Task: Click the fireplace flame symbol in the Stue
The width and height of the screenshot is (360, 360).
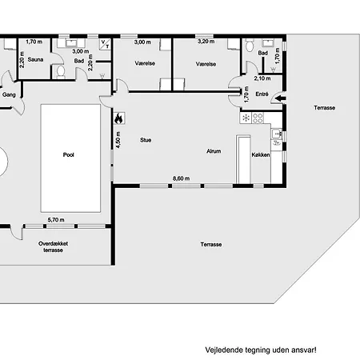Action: pyautogui.click(x=118, y=118)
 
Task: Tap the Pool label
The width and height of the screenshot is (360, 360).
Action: pyautogui.click(x=69, y=154)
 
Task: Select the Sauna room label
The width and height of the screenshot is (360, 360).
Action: pyautogui.click(x=35, y=59)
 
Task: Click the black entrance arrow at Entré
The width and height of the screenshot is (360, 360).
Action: pyautogui.click(x=280, y=98)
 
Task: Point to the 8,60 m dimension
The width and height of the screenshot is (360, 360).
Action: pyautogui.click(x=182, y=178)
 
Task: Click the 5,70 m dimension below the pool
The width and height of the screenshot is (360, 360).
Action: pyautogui.click(x=56, y=220)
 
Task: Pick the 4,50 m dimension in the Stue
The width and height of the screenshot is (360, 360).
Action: pyautogui.click(x=118, y=140)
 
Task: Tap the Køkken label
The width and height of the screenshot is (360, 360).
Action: pyautogui.click(x=261, y=154)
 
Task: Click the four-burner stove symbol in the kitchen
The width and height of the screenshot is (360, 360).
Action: pyautogui.click(x=258, y=118)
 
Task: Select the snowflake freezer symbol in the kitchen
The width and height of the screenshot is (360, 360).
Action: pyautogui.click(x=246, y=118)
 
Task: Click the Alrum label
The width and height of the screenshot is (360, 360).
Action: pyautogui.click(x=214, y=151)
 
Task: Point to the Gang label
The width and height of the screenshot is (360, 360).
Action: pyautogui.click(x=9, y=94)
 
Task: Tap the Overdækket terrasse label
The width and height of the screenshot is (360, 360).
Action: pyautogui.click(x=53, y=246)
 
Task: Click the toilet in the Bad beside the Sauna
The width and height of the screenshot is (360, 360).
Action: pyautogui.click(x=61, y=72)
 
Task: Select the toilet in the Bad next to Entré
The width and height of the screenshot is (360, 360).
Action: pyautogui.click(x=250, y=46)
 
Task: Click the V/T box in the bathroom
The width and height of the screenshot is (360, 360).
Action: pyautogui.click(x=105, y=44)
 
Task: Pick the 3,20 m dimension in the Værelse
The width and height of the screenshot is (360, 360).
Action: pyautogui.click(x=206, y=42)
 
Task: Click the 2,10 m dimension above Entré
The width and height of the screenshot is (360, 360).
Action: pyautogui.click(x=262, y=78)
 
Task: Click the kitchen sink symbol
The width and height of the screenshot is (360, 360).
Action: pyautogui.click(x=277, y=134)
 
